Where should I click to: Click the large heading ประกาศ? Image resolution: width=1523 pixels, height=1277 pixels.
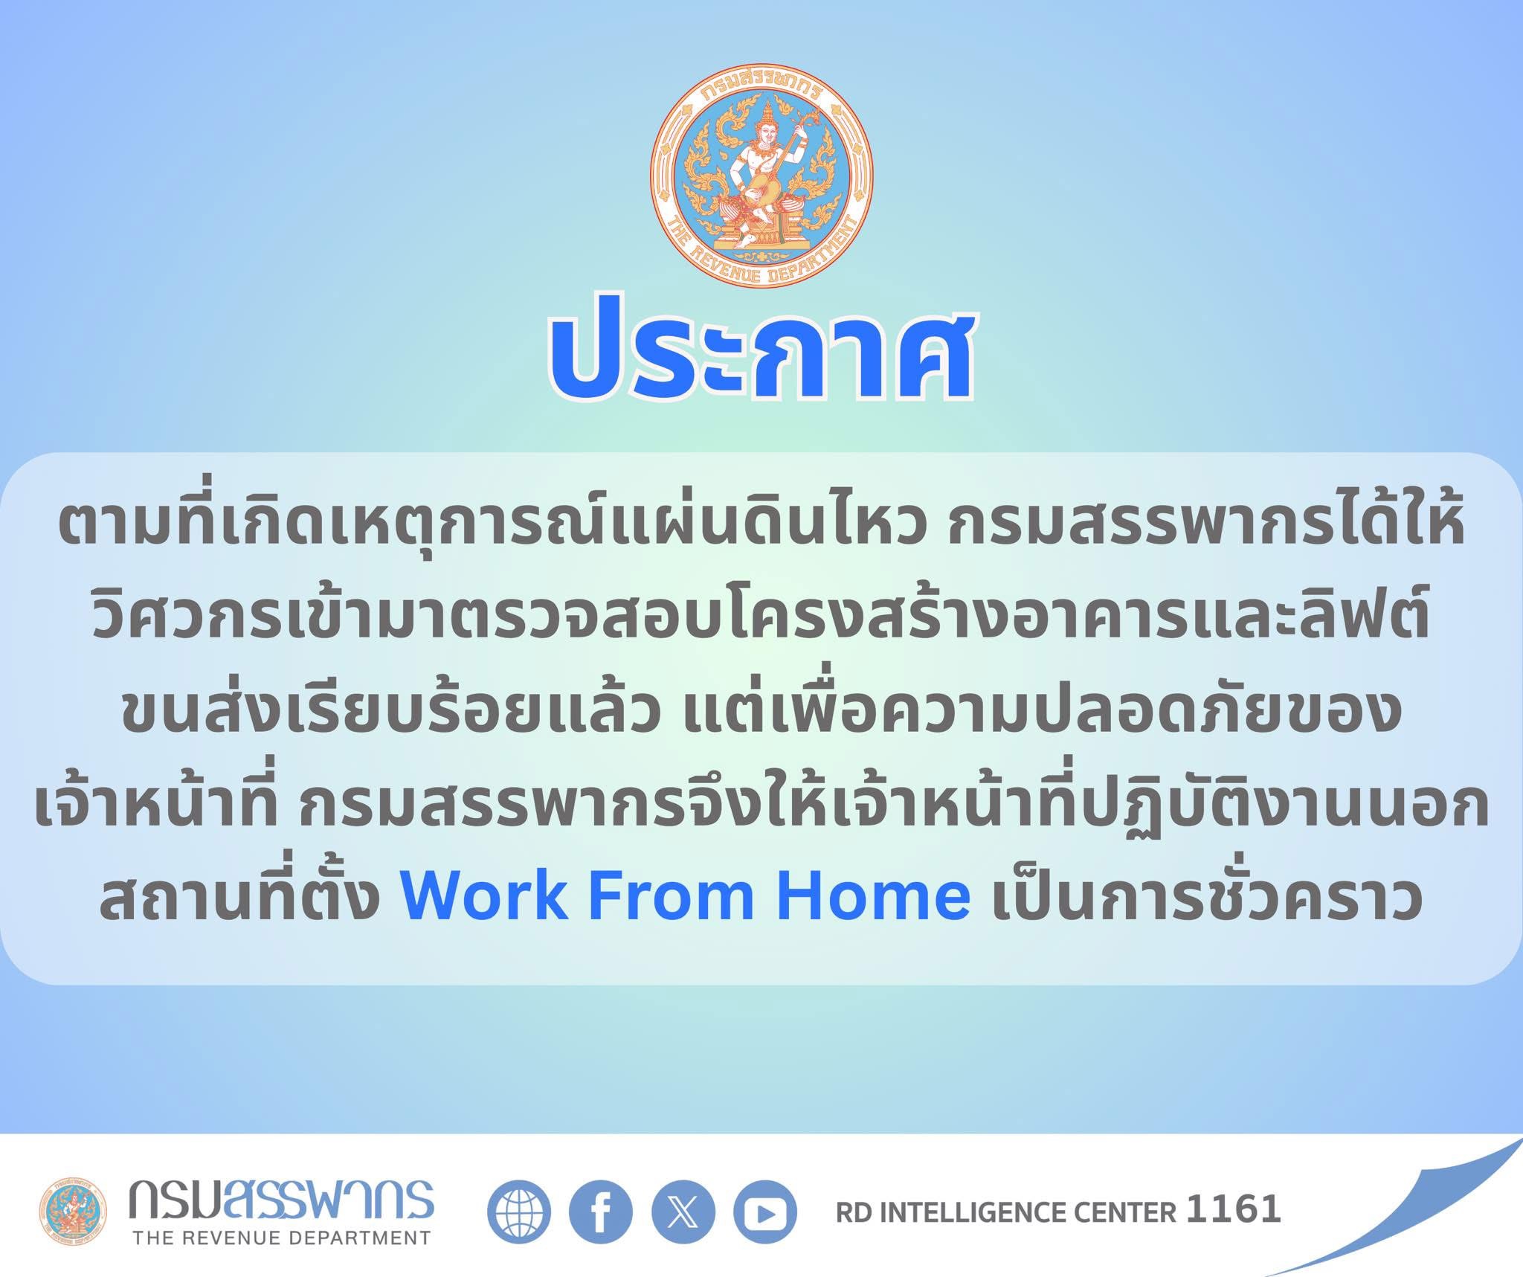point(761,353)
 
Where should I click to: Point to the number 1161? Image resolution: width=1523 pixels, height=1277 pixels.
point(1234,1209)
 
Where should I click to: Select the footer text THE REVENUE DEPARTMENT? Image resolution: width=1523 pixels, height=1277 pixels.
point(281,1238)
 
